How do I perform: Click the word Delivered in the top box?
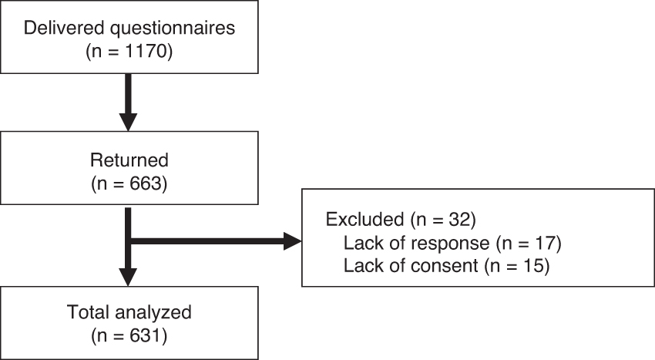tap(64, 28)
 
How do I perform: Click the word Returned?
tap(129, 160)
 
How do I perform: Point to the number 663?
tap(146, 183)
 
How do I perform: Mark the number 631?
tap(145, 336)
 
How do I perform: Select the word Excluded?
tap(364, 220)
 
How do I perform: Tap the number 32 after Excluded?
tap(459, 220)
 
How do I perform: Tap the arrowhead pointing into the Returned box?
tap(128, 122)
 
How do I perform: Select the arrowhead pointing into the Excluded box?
tap(292, 241)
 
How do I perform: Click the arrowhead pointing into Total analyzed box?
tap(128, 277)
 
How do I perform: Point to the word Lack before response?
tap(361, 243)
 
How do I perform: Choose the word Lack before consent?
tap(361, 266)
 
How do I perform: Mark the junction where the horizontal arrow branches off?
tap(128, 241)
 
